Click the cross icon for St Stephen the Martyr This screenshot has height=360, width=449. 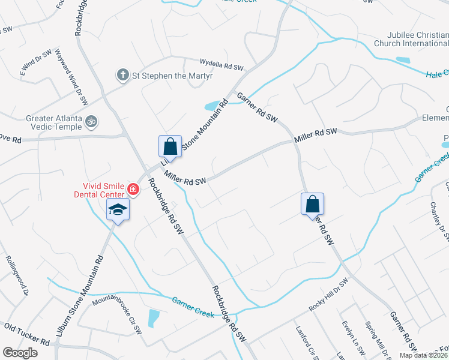tap(122, 75)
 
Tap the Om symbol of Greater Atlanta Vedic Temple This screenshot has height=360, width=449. tap(92, 121)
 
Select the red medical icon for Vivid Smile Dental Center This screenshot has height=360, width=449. tap(133, 191)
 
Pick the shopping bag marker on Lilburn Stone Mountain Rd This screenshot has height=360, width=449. tap(170, 146)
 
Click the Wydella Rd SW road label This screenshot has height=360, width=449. tap(221, 64)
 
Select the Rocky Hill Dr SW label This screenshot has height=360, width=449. tap(328, 295)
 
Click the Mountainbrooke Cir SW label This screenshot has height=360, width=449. tap(117, 313)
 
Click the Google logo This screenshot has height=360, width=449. tap(20, 353)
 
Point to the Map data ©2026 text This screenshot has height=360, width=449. tap(423, 355)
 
